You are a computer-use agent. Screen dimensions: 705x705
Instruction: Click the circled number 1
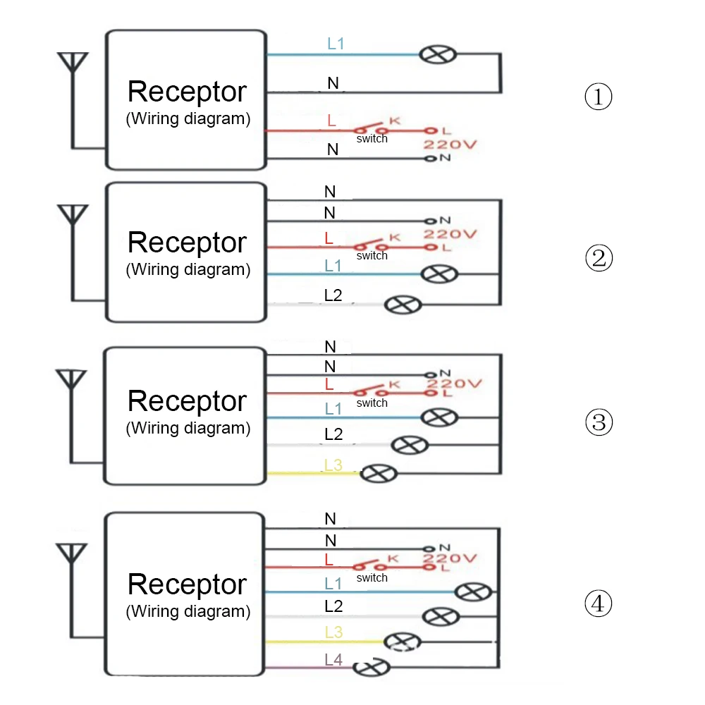599,97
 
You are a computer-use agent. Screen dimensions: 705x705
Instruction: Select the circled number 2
599,259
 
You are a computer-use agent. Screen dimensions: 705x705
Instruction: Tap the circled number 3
599,422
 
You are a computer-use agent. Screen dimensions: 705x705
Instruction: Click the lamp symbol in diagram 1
438,54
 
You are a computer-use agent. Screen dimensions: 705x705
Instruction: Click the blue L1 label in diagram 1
336,44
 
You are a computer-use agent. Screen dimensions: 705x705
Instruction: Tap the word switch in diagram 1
372,139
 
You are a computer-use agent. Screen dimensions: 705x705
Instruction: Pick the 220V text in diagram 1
450,145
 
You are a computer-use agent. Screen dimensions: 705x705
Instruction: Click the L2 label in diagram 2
333,295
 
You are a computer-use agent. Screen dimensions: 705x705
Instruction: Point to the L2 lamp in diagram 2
401,305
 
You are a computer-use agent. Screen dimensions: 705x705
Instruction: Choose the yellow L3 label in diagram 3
333,465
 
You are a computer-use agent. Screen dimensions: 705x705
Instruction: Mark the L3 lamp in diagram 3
379,474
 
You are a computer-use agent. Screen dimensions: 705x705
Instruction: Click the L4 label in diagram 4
333,660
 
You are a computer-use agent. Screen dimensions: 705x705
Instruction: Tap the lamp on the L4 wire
371,667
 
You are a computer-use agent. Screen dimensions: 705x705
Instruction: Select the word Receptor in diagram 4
187,584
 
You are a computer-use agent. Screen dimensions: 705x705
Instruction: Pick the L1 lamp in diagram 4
471,591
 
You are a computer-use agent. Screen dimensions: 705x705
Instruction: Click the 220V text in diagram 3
452,384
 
